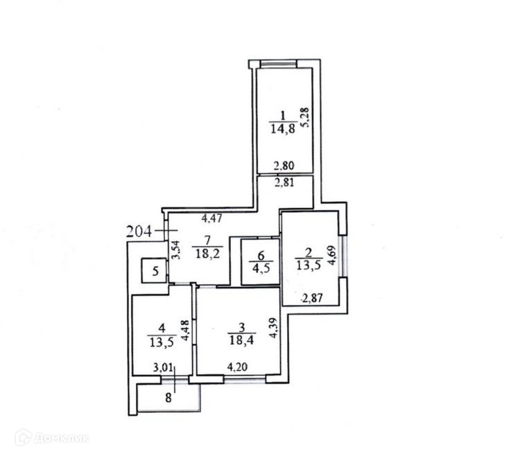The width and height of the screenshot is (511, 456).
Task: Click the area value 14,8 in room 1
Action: point(282,128)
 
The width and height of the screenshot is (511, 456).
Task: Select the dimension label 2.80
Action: point(284,166)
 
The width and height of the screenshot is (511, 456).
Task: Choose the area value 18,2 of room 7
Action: point(205,254)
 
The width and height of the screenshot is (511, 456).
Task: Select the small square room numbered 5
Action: point(155,272)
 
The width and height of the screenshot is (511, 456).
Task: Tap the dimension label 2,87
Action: point(313,299)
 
